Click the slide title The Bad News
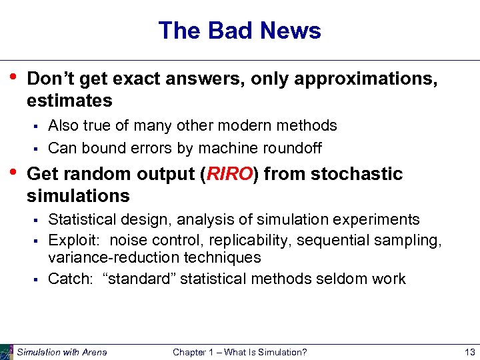[239, 31]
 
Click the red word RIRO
[229, 174]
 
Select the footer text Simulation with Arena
[62, 352]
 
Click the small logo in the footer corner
[7, 352]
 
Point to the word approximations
[366, 79]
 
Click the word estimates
[69, 101]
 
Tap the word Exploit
[74, 239]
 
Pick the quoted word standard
[141, 279]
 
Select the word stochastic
[357, 174]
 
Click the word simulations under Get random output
[78, 196]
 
